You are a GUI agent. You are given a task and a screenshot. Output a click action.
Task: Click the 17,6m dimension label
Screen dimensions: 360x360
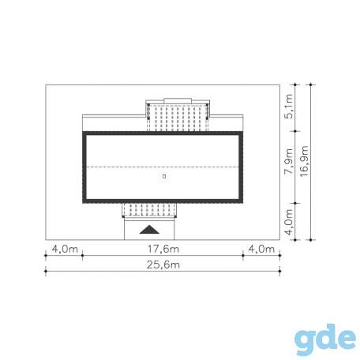pos(163,249)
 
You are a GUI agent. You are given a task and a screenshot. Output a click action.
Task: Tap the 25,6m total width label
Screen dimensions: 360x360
pos(163,264)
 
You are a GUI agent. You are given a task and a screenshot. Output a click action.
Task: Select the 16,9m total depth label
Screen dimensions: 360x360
pos(304,161)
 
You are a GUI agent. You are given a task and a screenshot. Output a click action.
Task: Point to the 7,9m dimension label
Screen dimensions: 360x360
pos(289,161)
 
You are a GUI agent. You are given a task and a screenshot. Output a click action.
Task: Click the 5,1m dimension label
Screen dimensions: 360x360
pos(289,107)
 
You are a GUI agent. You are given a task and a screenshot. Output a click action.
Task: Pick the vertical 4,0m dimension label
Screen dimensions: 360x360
pos(289,222)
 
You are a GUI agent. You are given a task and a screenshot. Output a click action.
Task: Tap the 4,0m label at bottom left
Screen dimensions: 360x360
pos(65,249)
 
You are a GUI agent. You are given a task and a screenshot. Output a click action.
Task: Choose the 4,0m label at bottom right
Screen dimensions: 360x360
pos(261,249)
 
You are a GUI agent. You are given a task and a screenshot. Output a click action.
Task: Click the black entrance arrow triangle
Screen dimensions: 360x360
pos(149,230)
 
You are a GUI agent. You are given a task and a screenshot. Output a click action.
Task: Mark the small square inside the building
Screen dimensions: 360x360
pos(164,176)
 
